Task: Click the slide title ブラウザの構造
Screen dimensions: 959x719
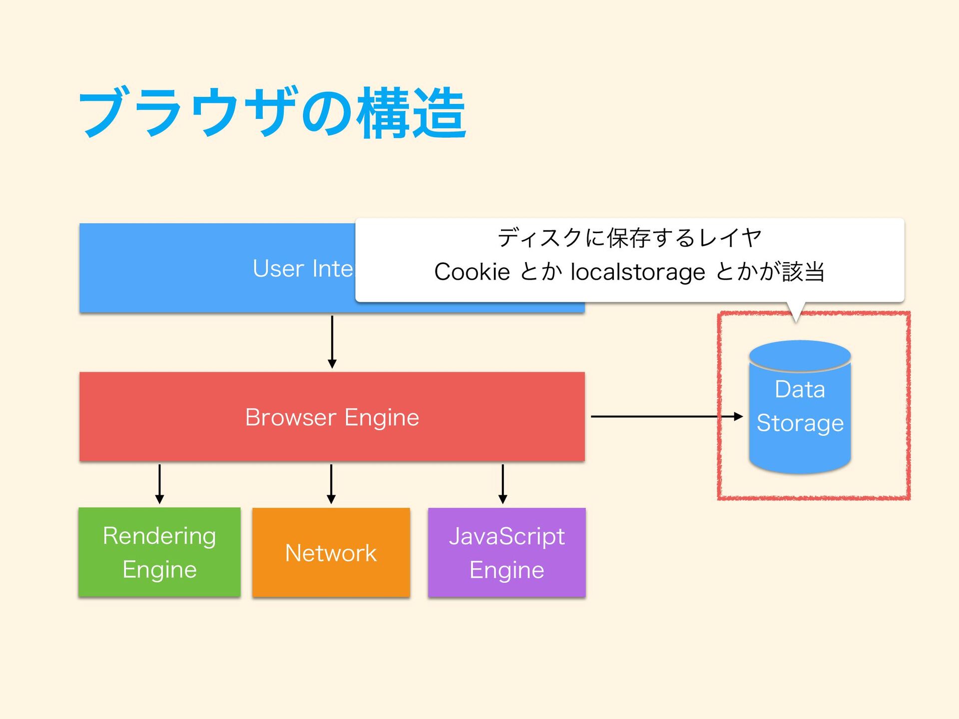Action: click(x=272, y=113)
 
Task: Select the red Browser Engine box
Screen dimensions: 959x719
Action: click(x=332, y=416)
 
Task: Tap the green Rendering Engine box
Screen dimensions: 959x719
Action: click(x=159, y=552)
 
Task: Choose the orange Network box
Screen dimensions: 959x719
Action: click(x=331, y=552)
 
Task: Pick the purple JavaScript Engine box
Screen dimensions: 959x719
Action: click(x=507, y=552)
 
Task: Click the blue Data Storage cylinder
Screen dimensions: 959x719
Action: click(x=800, y=407)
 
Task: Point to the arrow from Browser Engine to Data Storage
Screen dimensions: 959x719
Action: click(x=667, y=416)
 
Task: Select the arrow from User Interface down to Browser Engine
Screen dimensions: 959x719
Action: click(x=332, y=342)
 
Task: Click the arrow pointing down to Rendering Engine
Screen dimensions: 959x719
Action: click(x=159, y=484)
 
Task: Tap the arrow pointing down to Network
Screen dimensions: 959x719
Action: click(x=331, y=484)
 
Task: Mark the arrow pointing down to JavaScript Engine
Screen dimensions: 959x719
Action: click(x=503, y=484)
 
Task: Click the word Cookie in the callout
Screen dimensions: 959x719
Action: click(x=472, y=272)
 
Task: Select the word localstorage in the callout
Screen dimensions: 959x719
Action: click(x=638, y=273)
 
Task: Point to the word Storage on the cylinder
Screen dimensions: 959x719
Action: click(x=800, y=423)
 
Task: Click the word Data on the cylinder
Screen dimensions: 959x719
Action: click(x=800, y=389)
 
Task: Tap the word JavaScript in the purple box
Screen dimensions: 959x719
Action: click(x=507, y=537)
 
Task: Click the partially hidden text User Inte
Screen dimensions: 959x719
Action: click(x=303, y=269)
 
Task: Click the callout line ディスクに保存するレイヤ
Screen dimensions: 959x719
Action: click(x=630, y=238)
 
